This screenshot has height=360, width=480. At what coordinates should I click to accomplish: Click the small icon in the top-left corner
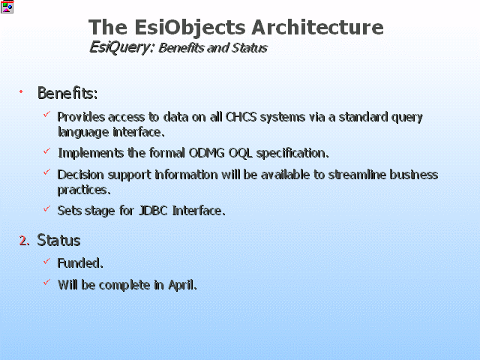[x=7, y=7]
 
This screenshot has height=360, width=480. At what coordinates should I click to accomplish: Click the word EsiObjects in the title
[x=190, y=28]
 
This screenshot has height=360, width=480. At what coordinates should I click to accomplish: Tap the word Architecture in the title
[x=317, y=27]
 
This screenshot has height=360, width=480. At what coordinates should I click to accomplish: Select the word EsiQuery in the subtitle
[x=120, y=48]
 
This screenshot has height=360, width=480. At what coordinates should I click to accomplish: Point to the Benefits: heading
[x=67, y=93]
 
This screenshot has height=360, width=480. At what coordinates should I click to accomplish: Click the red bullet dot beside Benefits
[x=21, y=91]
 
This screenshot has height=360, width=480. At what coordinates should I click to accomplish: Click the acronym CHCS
[x=241, y=117]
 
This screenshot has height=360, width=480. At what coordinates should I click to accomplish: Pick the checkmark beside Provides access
[x=46, y=114]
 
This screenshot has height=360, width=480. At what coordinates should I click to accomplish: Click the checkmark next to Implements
[x=46, y=151]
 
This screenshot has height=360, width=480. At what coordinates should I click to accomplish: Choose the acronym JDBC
[x=153, y=211]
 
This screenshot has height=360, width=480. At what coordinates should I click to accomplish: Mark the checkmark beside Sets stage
[x=46, y=208]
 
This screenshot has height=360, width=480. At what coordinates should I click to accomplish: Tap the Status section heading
[x=58, y=240]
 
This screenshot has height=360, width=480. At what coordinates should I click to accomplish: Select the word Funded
[x=80, y=263]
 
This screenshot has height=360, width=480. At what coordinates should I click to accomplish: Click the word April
[x=182, y=285]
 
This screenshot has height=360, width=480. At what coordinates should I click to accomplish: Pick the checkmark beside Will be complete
[x=46, y=282]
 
